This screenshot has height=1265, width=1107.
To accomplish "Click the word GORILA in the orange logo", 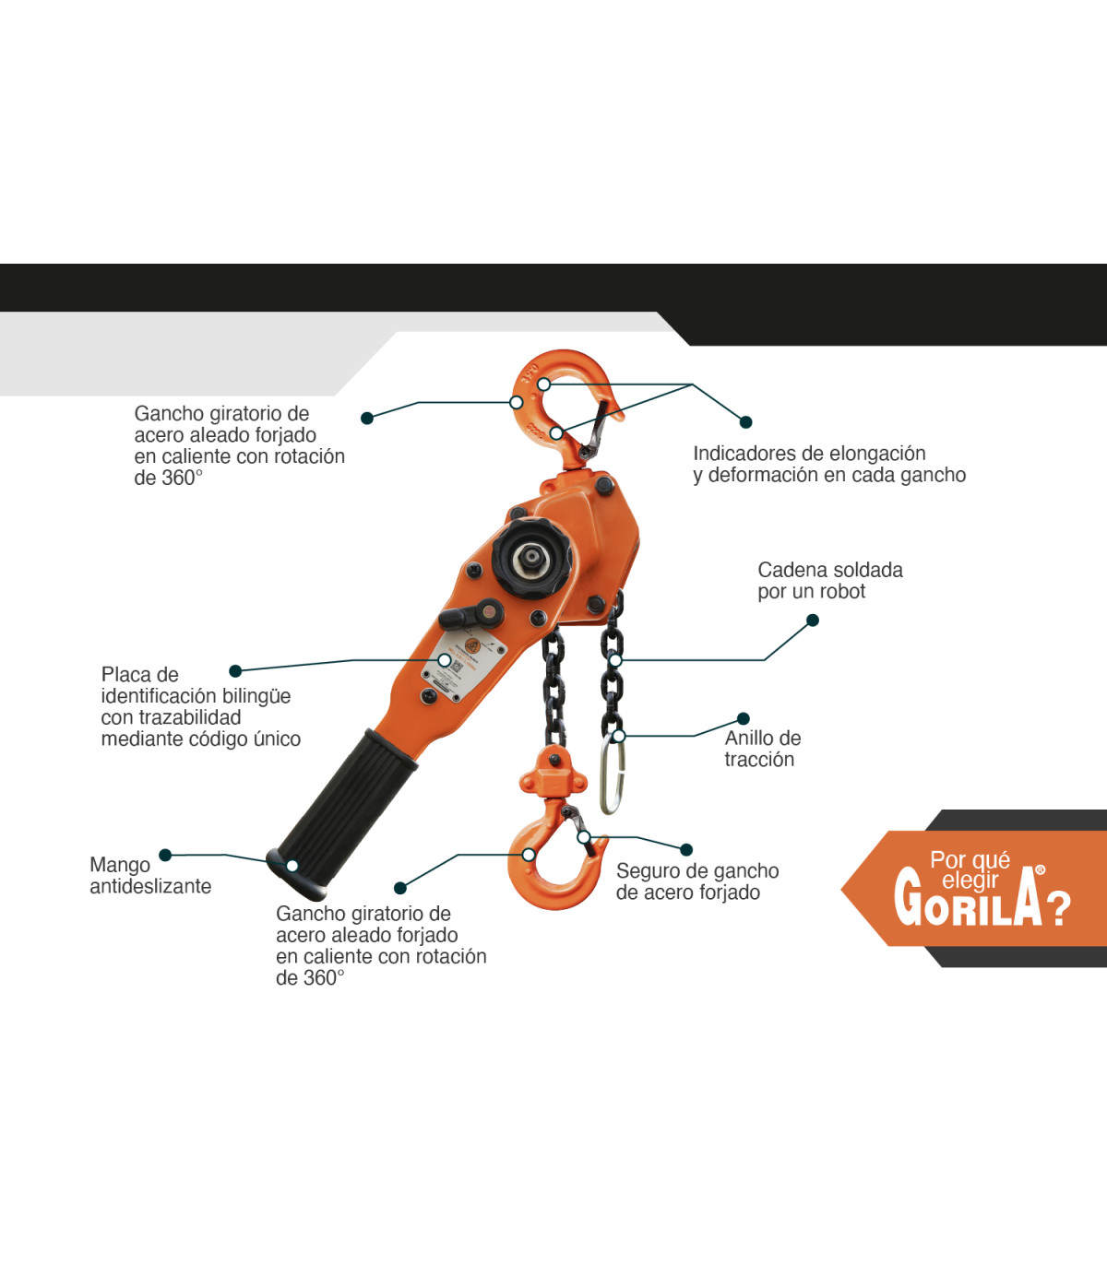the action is (x=969, y=898).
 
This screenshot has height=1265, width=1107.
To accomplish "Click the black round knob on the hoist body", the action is (x=532, y=559).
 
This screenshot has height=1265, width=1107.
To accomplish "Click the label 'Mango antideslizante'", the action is (x=150, y=876).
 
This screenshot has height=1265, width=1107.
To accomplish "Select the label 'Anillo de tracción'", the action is (x=763, y=749).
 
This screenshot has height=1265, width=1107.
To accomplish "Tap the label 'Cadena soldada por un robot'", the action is (x=830, y=581).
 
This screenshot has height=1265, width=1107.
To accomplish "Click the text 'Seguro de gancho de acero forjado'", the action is (x=697, y=881).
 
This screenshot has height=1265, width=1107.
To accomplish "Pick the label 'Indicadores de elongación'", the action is (x=809, y=454).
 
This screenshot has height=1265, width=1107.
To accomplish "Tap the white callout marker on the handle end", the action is (x=292, y=866).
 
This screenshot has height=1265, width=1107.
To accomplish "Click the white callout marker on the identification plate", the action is (x=445, y=660).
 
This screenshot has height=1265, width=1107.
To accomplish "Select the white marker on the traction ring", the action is (x=618, y=736).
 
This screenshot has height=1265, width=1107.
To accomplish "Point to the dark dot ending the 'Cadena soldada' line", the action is (x=814, y=621).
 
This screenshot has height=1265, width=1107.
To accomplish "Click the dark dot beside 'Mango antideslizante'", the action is (x=165, y=855).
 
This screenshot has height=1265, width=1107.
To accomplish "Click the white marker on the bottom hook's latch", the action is (x=584, y=837).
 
